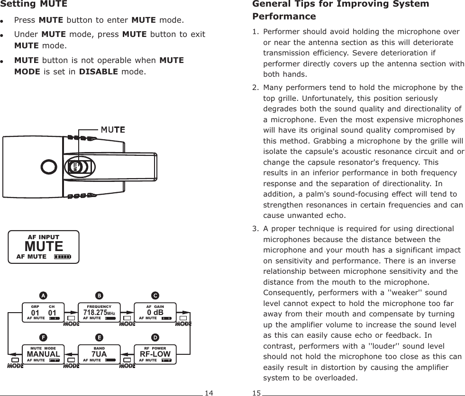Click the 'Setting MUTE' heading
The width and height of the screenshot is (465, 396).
click(34, 5)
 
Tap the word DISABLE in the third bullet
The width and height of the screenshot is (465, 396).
click(99, 72)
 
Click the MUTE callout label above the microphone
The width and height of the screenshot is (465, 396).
click(112, 129)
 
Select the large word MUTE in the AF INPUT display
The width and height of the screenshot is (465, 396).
click(44, 247)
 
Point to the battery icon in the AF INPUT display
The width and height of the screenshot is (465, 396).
click(62, 257)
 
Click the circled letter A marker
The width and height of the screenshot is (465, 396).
click(43, 296)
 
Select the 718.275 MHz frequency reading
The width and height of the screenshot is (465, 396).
click(99, 313)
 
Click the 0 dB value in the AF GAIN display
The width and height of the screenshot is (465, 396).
click(155, 313)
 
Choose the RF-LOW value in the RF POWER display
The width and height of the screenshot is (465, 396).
click(155, 354)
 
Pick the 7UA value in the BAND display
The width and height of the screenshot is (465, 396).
click(99, 354)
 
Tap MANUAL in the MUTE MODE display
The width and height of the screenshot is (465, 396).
click(43, 354)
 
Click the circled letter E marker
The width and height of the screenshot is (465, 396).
click(100, 337)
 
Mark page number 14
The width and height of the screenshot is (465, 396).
click(209, 393)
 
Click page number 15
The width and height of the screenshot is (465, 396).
click(256, 393)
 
